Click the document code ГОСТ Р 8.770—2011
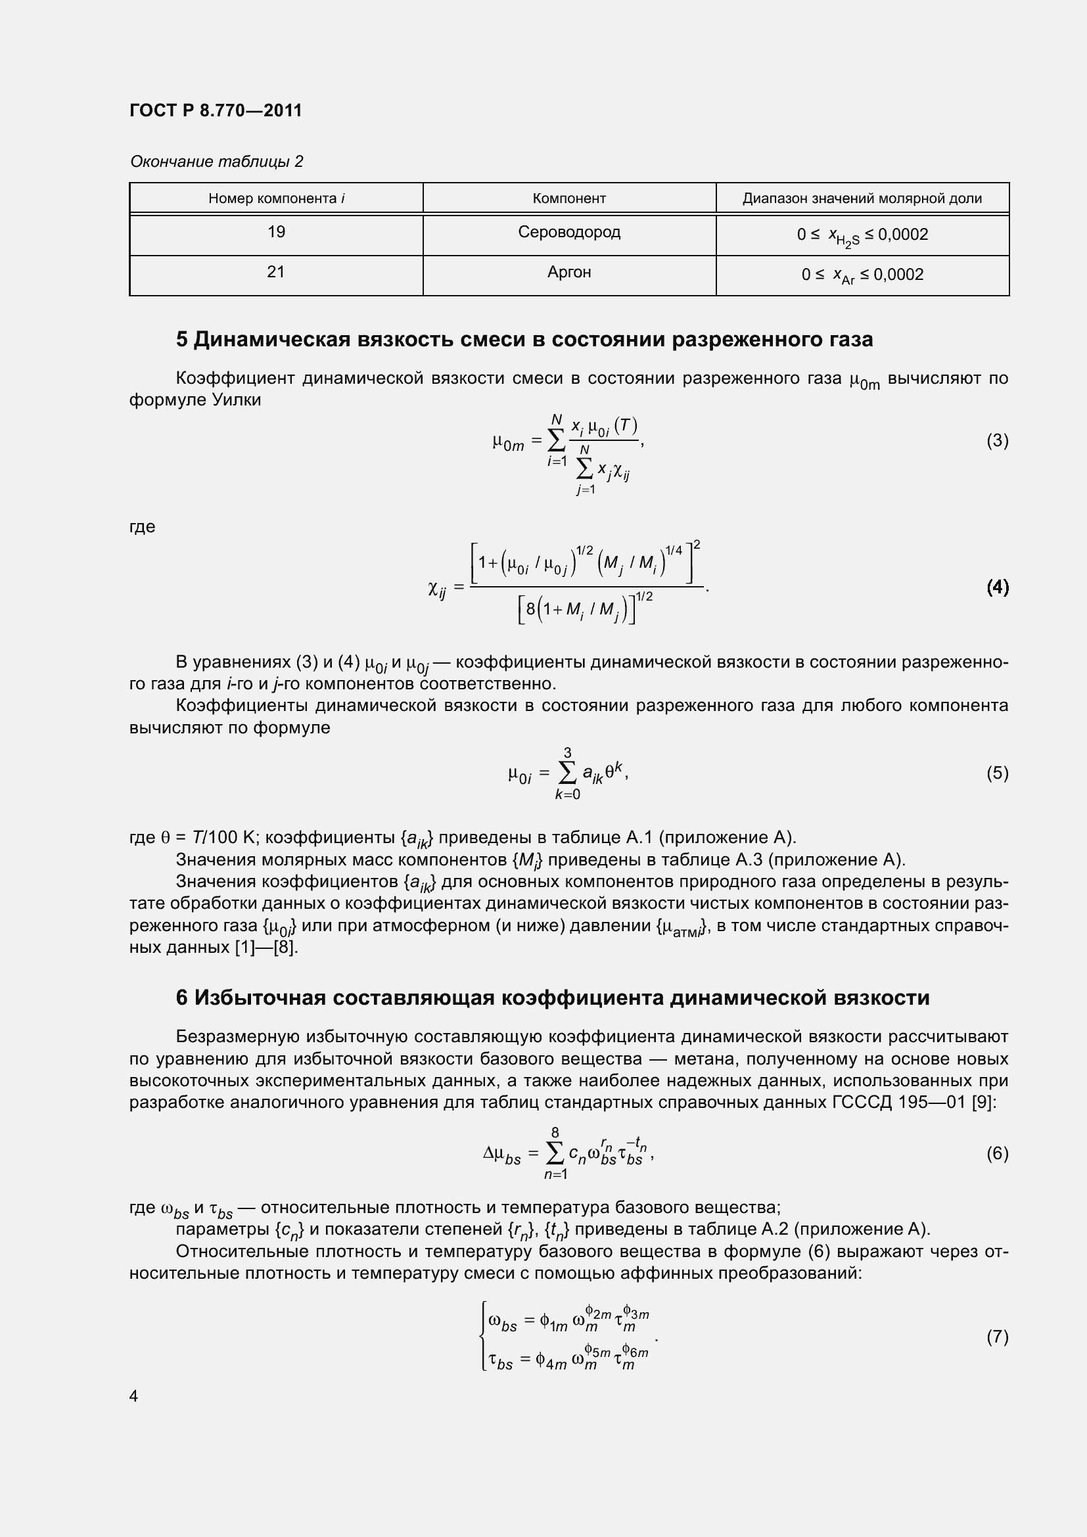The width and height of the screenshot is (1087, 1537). tap(216, 110)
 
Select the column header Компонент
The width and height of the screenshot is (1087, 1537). tap(569, 199)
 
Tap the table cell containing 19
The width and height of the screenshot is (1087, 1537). tap(276, 232)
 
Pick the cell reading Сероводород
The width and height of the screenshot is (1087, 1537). tap(569, 232)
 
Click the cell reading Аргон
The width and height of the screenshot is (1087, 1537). tap(569, 273)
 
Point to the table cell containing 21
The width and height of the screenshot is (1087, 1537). tap(276, 273)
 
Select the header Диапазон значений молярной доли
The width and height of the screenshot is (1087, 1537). tap(862, 199)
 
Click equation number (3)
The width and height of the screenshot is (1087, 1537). tap(997, 440)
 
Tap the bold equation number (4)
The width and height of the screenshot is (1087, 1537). tap(997, 587)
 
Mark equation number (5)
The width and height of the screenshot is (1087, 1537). tap(997, 773)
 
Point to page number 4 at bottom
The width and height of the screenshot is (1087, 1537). tap(134, 1396)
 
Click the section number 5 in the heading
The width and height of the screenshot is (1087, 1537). tap(182, 340)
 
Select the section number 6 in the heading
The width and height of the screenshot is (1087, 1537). tap(182, 998)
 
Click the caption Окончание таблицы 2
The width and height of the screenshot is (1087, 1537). tap(216, 162)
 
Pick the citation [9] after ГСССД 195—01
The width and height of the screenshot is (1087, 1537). tap(983, 1102)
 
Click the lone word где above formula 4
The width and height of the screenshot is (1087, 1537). tap(142, 527)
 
